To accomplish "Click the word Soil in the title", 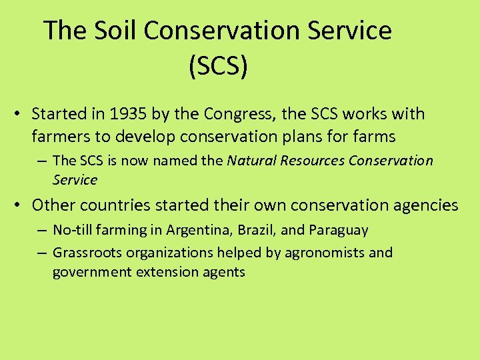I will pos(116,31).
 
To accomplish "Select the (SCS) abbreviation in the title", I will pos(218,67).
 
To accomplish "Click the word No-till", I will pos(74,231).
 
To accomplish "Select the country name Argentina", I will pos(194,231).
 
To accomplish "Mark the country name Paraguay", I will pos(338,231).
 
